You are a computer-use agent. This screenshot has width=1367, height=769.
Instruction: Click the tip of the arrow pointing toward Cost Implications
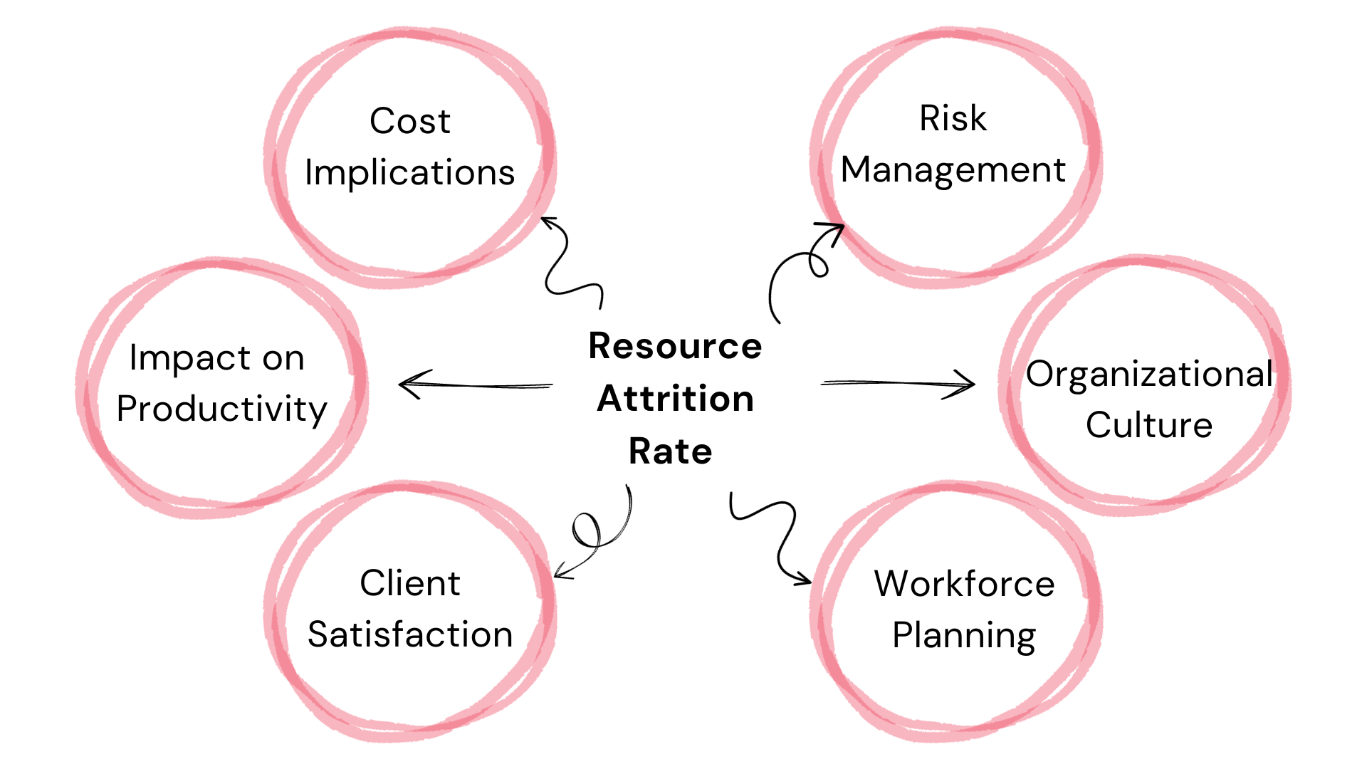coord(543,218)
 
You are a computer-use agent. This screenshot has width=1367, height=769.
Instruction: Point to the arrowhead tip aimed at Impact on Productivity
coord(400,384)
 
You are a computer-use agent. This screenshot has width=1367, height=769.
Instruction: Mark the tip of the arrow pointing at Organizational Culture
coord(974,384)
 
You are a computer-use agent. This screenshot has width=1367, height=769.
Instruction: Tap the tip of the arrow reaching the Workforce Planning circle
coord(810,582)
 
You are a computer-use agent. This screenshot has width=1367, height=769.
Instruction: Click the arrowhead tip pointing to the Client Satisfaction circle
coord(555,575)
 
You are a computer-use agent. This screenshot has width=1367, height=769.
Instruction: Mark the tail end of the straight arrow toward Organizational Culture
coord(822,383)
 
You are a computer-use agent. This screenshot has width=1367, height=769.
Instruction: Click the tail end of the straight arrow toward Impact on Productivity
coord(552,386)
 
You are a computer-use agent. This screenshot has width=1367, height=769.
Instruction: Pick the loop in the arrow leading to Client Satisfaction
coord(587,530)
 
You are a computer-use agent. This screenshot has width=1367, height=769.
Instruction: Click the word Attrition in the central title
coord(676,398)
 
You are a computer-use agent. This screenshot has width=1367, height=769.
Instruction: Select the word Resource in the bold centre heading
coord(675,346)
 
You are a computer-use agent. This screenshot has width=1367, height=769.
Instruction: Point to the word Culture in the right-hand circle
coord(1149,424)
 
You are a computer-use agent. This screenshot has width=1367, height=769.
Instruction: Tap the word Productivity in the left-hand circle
coord(221,409)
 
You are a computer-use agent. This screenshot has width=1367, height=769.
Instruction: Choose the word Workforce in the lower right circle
coord(964,584)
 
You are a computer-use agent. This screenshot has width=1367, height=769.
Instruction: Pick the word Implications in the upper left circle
coord(409,173)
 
